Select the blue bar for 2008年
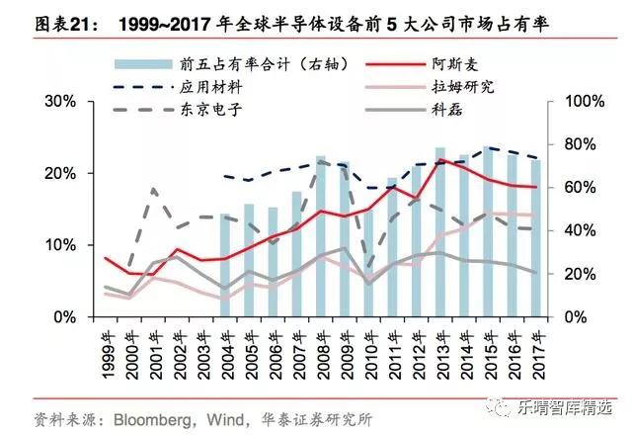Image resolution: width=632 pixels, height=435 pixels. click(320, 237)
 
